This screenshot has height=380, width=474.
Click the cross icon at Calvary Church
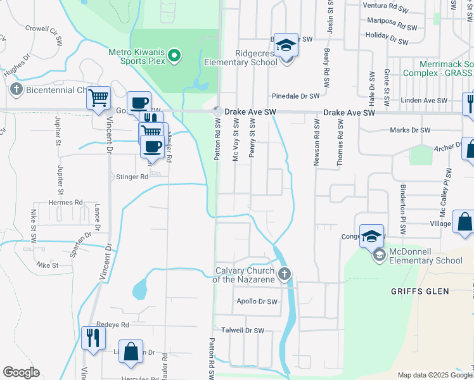point(285,274)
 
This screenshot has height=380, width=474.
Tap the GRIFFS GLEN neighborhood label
point(421,291)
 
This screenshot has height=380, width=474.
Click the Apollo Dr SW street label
point(257,302)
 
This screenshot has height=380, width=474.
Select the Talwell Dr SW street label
point(242,331)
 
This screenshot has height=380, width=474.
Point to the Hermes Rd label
point(66,203)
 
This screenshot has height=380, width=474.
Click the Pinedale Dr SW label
point(295,96)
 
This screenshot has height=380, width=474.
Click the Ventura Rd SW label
point(385,5)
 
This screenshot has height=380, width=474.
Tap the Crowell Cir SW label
point(45,34)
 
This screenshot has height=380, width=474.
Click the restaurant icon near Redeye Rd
point(93,337)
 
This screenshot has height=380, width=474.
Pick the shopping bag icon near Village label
point(464,223)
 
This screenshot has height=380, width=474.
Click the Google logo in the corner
point(22,372)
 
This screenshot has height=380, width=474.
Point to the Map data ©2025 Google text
point(433,375)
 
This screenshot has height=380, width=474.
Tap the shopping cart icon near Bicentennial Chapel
point(98,98)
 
